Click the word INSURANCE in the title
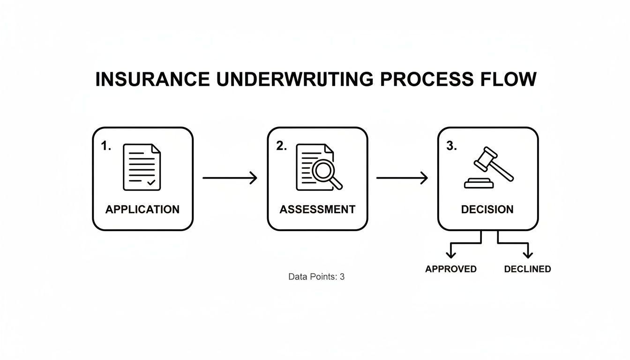(x=152, y=80)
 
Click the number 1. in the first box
(x=106, y=146)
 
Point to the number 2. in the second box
(x=281, y=146)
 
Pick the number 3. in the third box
(x=451, y=146)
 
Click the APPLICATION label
(x=142, y=210)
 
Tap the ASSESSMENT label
(x=317, y=210)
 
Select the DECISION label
(x=487, y=210)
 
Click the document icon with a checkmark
(x=142, y=167)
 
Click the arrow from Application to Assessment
(x=230, y=178)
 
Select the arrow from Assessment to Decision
(x=402, y=178)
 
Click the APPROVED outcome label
(x=451, y=269)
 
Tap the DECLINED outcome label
(x=527, y=269)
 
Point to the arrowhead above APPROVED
(x=451, y=255)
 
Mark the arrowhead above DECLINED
(x=528, y=255)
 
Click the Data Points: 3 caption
(x=316, y=277)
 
